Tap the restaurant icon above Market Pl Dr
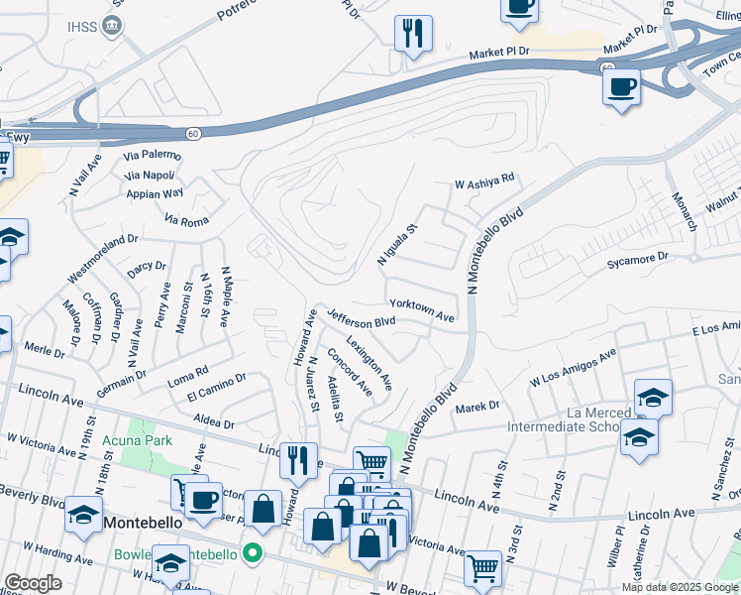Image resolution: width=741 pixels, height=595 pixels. point(413,33)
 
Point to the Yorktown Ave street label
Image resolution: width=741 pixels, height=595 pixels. point(422,310)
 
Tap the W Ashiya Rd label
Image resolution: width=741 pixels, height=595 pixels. point(484,180)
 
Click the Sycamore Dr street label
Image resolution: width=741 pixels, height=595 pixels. point(638,261)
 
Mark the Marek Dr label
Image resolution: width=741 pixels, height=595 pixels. point(477,407)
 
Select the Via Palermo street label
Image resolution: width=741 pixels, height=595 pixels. point(152,156)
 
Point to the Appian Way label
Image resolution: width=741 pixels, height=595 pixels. point(155,193)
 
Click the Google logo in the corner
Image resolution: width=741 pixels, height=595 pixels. point(33,582)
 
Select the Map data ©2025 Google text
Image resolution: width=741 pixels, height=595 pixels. point(679,587)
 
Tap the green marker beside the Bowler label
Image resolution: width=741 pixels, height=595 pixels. point(253,552)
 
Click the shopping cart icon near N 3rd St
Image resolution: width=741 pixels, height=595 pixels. point(482,568)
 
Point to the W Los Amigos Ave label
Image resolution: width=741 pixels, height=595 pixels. point(574,365)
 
